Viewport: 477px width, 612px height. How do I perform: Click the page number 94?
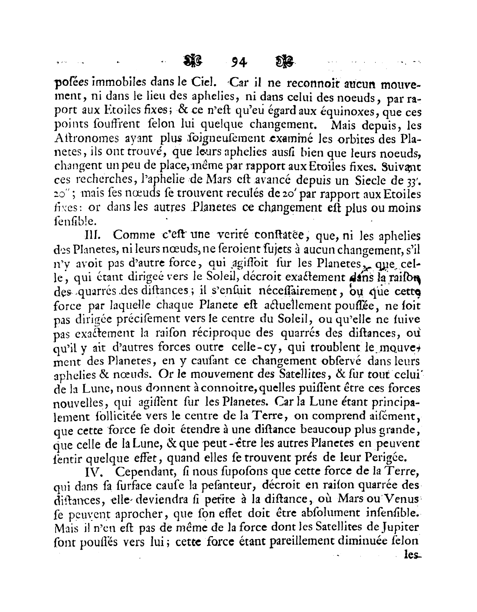coord(239,62)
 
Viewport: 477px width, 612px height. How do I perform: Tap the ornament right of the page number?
coord(284,61)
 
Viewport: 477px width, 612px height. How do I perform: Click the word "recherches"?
coord(102,180)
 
